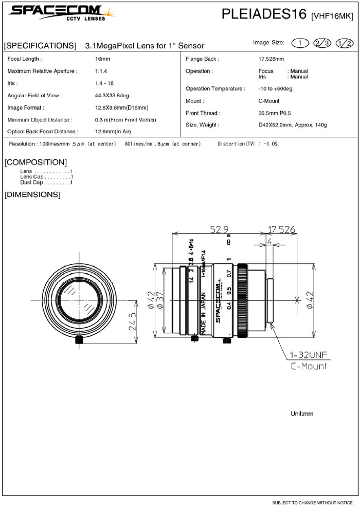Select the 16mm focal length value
[102, 59]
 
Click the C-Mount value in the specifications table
[269, 101]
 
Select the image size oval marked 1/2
[345, 43]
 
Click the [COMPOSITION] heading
[35, 162]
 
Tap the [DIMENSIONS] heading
[32, 194]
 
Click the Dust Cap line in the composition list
[46, 183]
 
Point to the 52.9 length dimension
[219, 230]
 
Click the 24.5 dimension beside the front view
[133, 321]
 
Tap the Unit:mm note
[302, 413]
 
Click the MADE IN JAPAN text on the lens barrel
[203, 314]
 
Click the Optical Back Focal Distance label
[43, 131]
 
